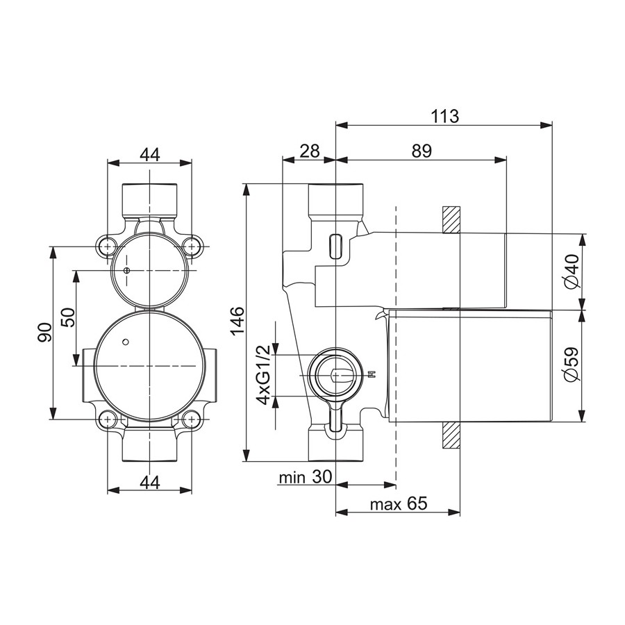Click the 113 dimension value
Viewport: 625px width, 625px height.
click(445, 116)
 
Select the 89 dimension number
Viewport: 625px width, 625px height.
click(422, 151)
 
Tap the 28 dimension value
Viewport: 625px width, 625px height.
click(309, 151)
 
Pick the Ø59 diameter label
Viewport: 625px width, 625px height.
click(572, 365)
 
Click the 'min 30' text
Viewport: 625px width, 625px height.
click(306, 477)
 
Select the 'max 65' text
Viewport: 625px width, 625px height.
click(399, 504)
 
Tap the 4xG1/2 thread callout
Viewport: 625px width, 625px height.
click(264, 375)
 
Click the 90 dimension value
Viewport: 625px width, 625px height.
click(44, 333)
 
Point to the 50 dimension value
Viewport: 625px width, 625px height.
click(68, 317)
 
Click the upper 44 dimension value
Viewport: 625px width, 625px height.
click(150, 154)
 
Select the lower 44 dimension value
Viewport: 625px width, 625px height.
click(150, 483)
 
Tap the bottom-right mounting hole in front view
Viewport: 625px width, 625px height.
click(192, 419)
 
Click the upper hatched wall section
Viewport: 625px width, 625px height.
click(451, 219)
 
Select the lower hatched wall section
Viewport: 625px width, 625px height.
click(451, 435)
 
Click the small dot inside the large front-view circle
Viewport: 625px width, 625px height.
click(126, 342)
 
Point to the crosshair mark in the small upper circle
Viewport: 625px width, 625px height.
click(127, 271)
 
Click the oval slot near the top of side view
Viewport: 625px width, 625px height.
click(335, 246)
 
